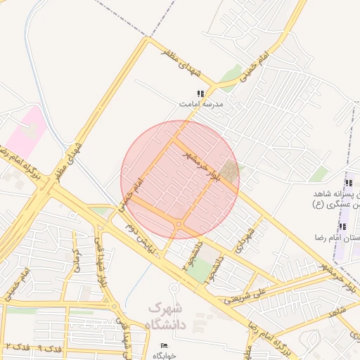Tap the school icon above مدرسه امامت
coord(200,93)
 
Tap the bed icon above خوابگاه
coord(164,345)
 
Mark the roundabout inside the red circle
coord(179,224)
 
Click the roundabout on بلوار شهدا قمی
coord(113,306)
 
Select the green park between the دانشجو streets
coord(200,268)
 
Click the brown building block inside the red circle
coord(229,171)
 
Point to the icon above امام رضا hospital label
coord(342,226)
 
